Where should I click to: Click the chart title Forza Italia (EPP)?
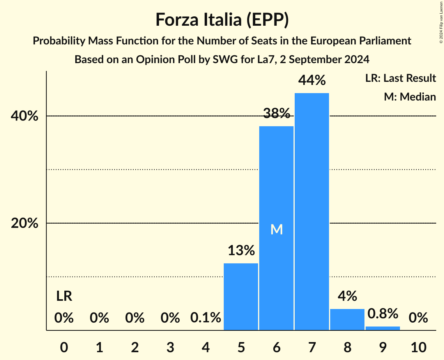click(x=222, y=20)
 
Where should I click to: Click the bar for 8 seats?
click(x=347, y=319)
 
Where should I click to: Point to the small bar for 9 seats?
click(x=383, y=328)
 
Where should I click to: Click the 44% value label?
click(x=312, y=80)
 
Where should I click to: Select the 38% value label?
click(x=276, y=113)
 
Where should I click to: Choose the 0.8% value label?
click(x=383, y=313)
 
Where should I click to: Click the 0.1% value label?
click(x=205, y=318)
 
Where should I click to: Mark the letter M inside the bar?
click(x=276, y=229)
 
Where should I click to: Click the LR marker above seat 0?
click(x=64, y=296)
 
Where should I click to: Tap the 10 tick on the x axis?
click(x=418, y=347)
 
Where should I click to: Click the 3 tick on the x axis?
click(x=170, y=347)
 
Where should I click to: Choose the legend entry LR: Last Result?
click(x=400, y=78)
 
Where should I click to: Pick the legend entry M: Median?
click(x=410, y=97)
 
